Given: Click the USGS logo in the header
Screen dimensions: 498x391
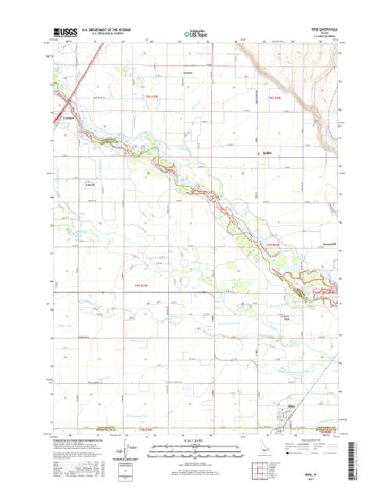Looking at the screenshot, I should click(66, 33).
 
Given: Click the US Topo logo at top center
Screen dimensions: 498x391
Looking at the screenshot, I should click(195, 34).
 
